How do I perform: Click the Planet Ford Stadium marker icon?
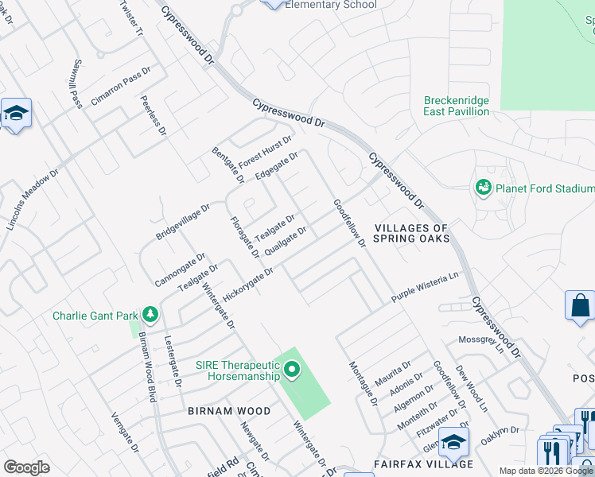pyautogui.click(x=483, y=188)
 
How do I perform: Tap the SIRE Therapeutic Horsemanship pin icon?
pyautogui.click(x=292, y=370)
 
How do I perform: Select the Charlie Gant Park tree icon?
pyautogui.click(x=149, y=316)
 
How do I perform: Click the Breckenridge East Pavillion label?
pyautogui.click(x=457, y=107)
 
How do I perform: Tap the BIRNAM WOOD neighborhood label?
pyautogui.click(x=229, y=411)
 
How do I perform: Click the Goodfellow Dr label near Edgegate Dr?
pyautogui.click(x=348, y=222)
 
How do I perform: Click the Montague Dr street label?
pyautogui.click(x=362, y=383)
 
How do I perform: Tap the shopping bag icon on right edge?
pyautogui.click(x=580, y=306)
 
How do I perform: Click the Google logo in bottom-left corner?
pyautogui.click(x=26, y=467)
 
